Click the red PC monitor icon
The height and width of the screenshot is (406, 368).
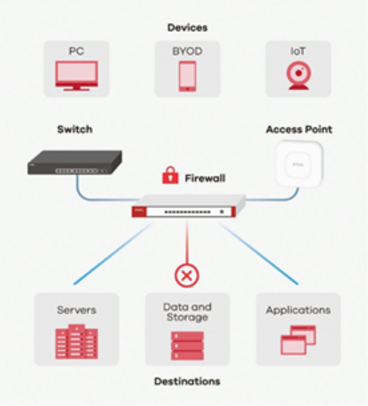point(77,75)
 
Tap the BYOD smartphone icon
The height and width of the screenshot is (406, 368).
point(187,76)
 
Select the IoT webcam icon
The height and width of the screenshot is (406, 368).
point(298,75)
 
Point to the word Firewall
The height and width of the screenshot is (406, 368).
point(205,178)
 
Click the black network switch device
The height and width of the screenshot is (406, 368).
point(74,163)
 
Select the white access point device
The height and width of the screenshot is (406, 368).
point(299,164)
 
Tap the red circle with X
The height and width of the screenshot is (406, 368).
point(187,275)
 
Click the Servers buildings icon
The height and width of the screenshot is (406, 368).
point(77,342)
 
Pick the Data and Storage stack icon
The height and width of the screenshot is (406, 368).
point(187,345)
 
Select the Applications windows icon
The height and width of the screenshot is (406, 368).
point(298,340)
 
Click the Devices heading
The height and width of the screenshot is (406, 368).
point(187,28)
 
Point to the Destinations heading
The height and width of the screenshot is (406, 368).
point(187,382)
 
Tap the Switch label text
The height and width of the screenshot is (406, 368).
point(74,129)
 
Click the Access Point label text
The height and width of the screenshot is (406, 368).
point(299,129)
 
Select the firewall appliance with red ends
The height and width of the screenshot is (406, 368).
point(188,206)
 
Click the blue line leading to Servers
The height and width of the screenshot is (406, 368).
point(112,254)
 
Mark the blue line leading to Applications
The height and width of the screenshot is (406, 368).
point(259,254)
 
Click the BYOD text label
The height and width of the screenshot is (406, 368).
point(187,51)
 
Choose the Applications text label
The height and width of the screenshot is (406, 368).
point(298,310)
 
